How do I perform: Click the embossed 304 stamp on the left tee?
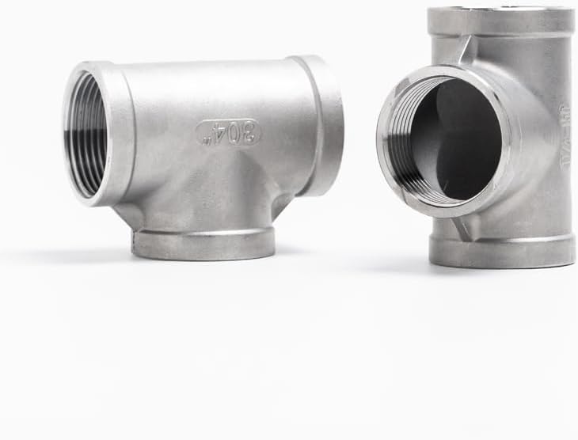click(228, 132)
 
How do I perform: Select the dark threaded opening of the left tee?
click(87, 135)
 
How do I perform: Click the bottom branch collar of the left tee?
click(203, 243)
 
